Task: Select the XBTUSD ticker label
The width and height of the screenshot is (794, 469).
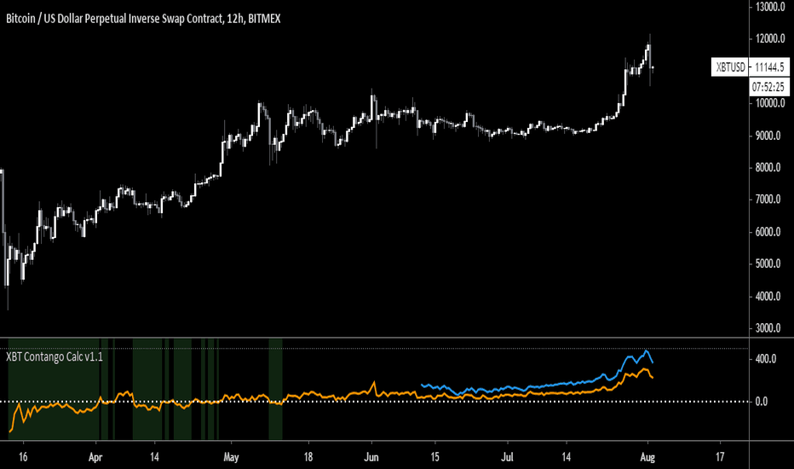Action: coord(730,67)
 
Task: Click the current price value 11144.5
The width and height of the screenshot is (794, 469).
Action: coord(770,67)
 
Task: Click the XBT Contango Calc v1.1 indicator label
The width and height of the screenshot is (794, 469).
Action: coord(55,357)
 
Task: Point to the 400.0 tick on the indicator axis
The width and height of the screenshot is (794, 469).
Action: coord(766,359)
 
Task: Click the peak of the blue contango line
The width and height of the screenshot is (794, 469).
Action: coord(647,351)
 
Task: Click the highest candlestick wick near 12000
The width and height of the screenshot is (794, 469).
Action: coord(649,35)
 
